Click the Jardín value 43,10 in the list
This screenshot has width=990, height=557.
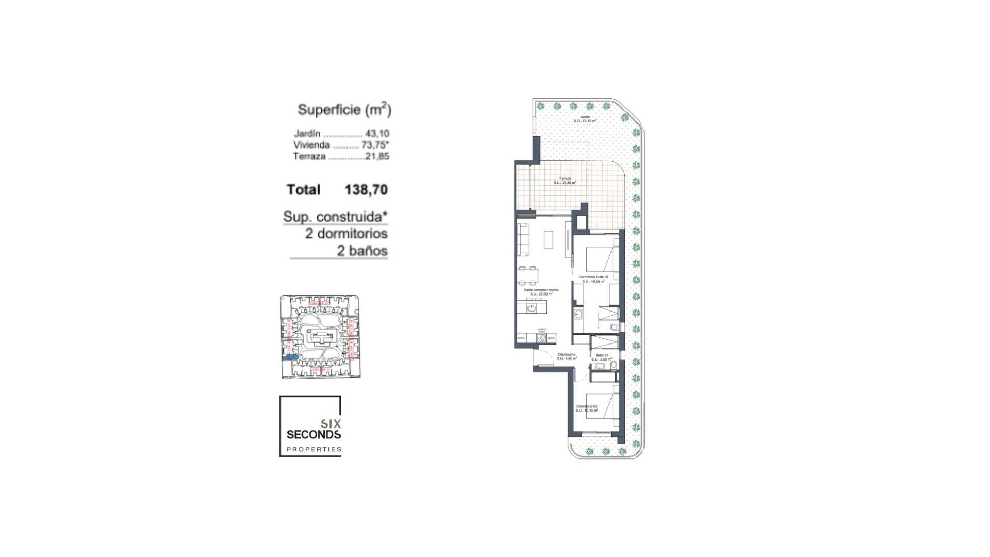[x=377, y=134]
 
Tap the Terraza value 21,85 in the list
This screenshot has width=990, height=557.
[x=377, y=156]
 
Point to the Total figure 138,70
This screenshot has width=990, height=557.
[x=366, y=190]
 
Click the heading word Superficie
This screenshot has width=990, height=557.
[x=328, y=110]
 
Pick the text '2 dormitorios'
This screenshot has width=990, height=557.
[x=346, y=234]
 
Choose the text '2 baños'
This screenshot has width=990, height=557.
[x=362, y=251]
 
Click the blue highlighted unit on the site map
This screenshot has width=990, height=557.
[x=290, y=357]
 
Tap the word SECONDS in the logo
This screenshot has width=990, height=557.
[x=313, y=435]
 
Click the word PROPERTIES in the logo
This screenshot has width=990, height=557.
[x=313, y=449]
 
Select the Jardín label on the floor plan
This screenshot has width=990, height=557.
[x=585, y=117]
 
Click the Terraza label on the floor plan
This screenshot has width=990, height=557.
[x=565, y=179]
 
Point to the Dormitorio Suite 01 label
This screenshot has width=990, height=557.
[x=593, y=277]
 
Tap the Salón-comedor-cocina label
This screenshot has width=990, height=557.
[x=541, y=290]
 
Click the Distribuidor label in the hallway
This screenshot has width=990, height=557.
[x=567, y=355]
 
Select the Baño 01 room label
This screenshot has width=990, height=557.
[x=602, y=355]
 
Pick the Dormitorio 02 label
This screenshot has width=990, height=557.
[x=587, y=407]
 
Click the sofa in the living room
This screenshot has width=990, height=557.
[x=523, y=240]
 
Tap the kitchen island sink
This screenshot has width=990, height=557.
[x=532, y=308]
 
